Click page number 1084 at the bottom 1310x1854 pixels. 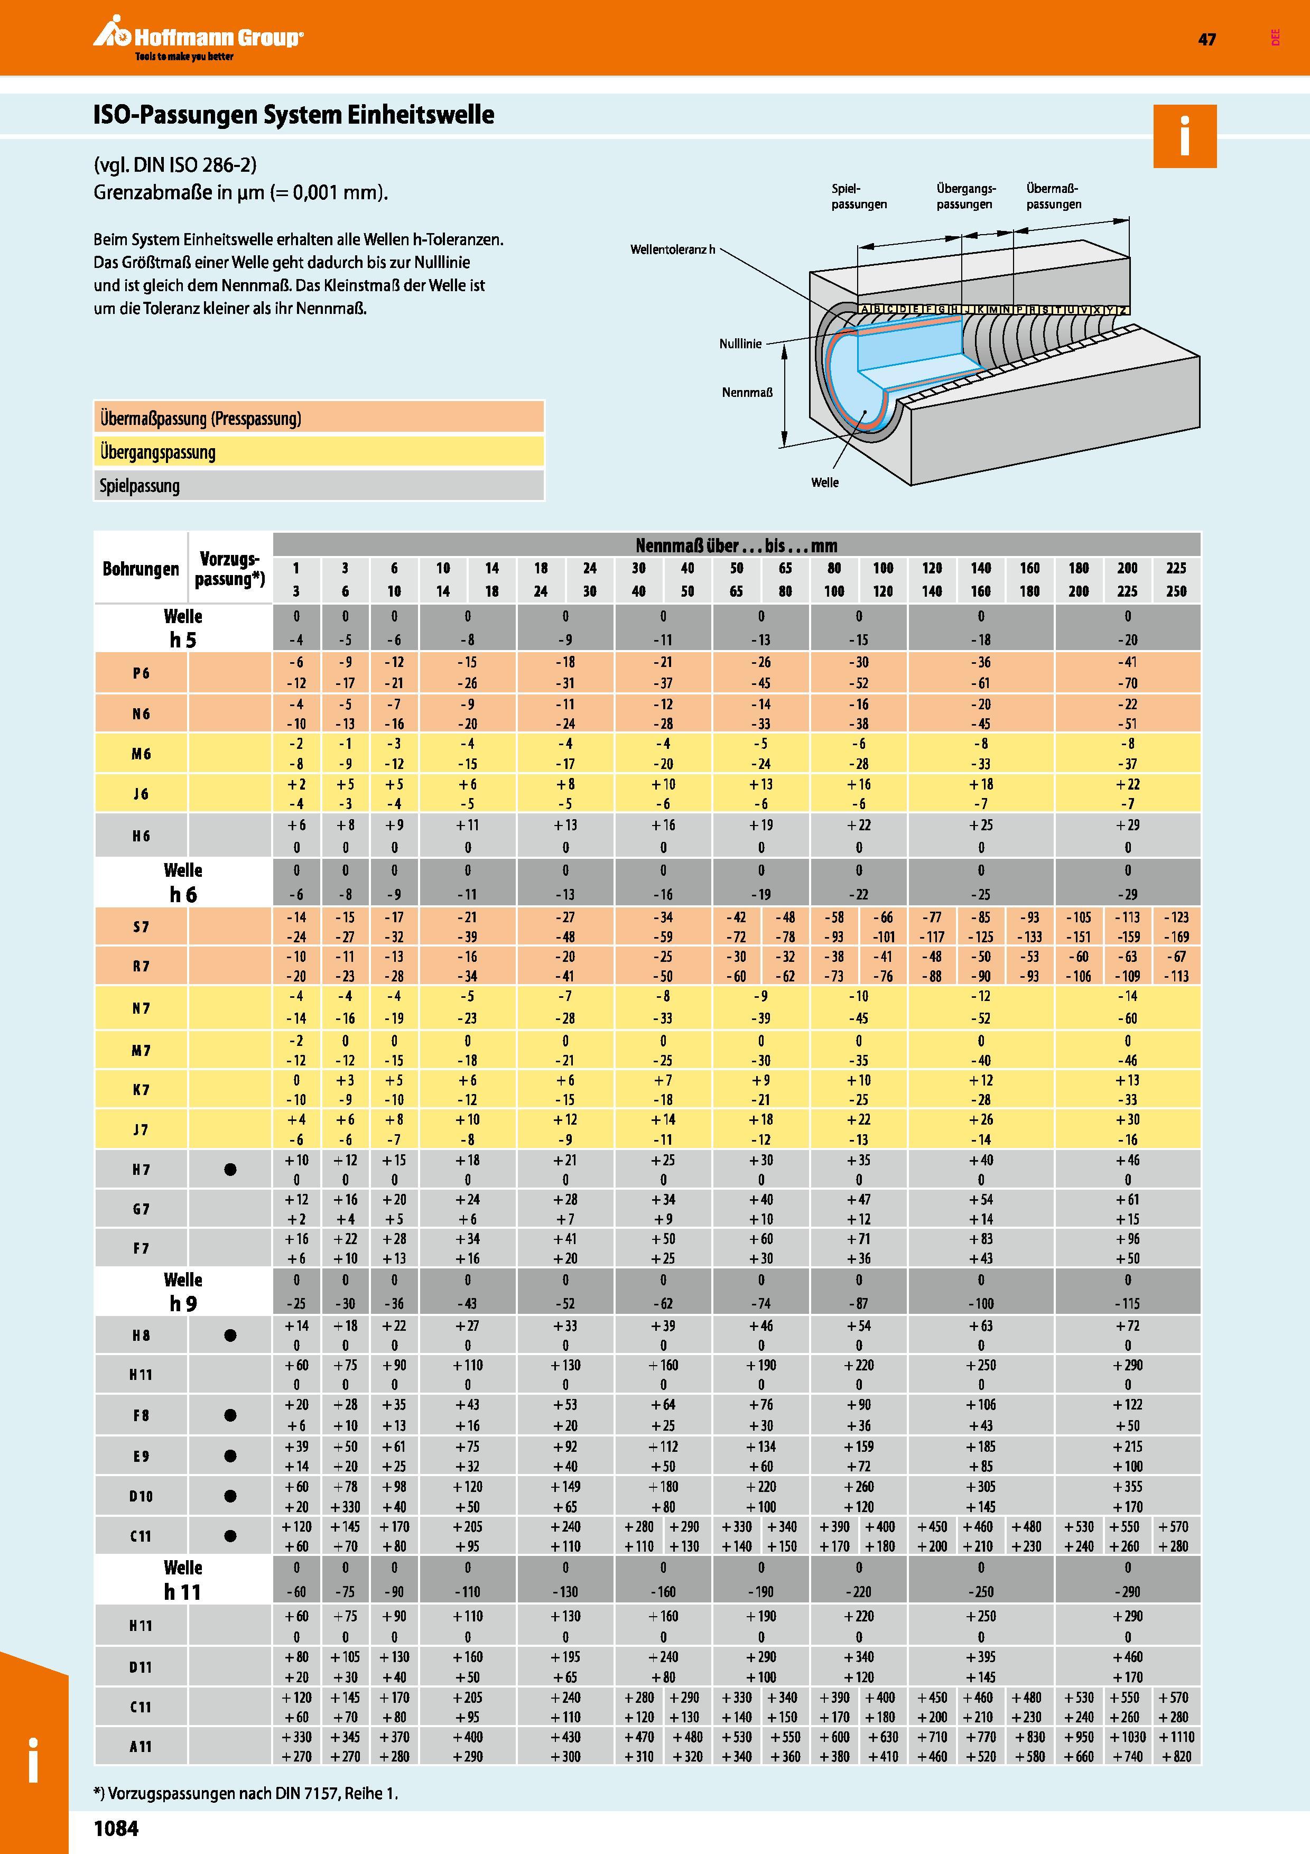pyautogui.click(x=116, y=1828)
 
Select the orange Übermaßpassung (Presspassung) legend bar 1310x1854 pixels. pyautogui.click(x=319, y=418)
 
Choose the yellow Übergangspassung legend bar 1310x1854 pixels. pyautogui.click(x=319, y=451)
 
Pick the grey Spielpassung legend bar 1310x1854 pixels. pyautogui.click(x=319, y=485)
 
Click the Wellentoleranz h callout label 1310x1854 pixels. pyautogui.click(x=672, y=249)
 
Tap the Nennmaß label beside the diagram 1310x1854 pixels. pyautogui.click(x=747, y=393)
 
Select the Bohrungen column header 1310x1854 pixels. pyautogui.click(x=141, y=569)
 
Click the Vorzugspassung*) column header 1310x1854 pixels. pyautogui.click(x=230, y=569)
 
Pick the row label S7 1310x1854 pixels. pyautogui.click(x=141, y=927)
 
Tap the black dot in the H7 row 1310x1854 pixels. pyautogui.click(x=230, y=1169)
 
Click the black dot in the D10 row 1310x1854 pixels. pyautogui.click(x=230, y=1496)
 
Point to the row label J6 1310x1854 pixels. pyautogui.click(x=141, y=794)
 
